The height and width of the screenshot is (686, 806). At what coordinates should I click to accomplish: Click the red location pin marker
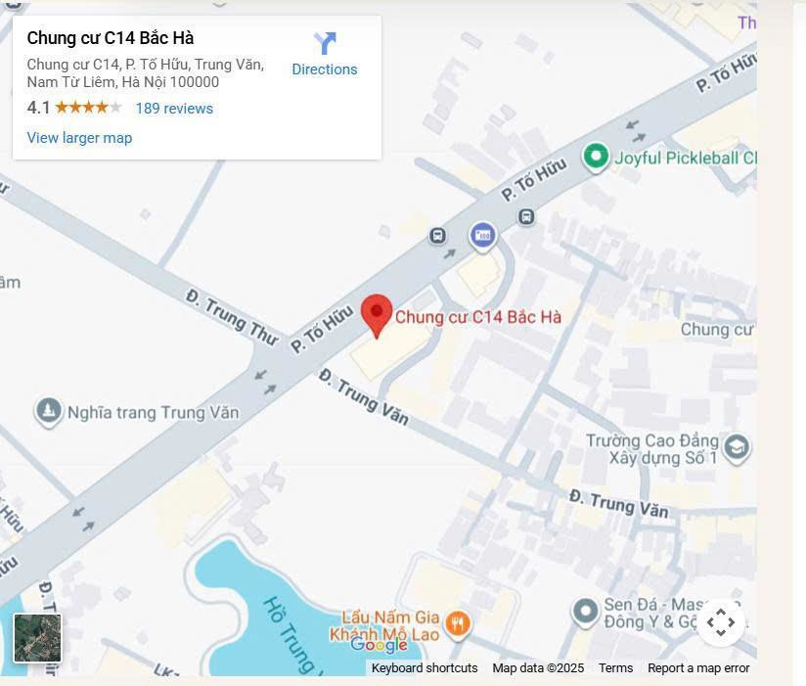pos(377,314)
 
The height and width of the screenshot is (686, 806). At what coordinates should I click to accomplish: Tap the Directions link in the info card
pos(325,69)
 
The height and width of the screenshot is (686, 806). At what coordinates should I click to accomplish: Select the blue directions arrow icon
pos(325,43)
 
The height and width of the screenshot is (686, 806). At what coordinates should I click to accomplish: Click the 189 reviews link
pos(174,109)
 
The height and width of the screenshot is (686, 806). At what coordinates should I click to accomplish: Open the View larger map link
pos(79,138)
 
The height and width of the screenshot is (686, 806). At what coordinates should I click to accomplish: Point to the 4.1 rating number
pos(38,108)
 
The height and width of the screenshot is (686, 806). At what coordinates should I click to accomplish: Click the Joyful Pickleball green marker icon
pos(595,157)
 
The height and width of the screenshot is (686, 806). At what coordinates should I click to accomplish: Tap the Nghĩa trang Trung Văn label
pos(153,412)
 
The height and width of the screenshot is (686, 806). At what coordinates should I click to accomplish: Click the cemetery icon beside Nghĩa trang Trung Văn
pos(48,411)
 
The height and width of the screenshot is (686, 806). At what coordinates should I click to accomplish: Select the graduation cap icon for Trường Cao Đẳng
pos(736,448)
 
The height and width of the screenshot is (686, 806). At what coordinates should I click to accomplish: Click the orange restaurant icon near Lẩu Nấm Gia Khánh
pos(457,622)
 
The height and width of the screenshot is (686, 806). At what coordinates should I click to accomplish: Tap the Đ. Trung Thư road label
pos(231,317)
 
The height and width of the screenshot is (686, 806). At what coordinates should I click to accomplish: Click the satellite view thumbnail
pos(37,638)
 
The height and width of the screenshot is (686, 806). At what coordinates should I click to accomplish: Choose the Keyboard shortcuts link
pos(425,668)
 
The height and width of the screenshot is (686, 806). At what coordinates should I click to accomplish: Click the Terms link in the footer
pos(615,668)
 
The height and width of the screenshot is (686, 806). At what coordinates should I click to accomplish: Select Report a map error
pos(698,668)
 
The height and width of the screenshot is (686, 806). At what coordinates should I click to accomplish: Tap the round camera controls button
pos(721,622)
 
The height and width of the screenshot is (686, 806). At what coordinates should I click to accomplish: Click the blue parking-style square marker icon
pos(482,235)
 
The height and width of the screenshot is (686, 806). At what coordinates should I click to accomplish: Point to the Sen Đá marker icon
pos(585,613)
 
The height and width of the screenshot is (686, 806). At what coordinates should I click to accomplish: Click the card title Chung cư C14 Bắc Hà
pos(111,38)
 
